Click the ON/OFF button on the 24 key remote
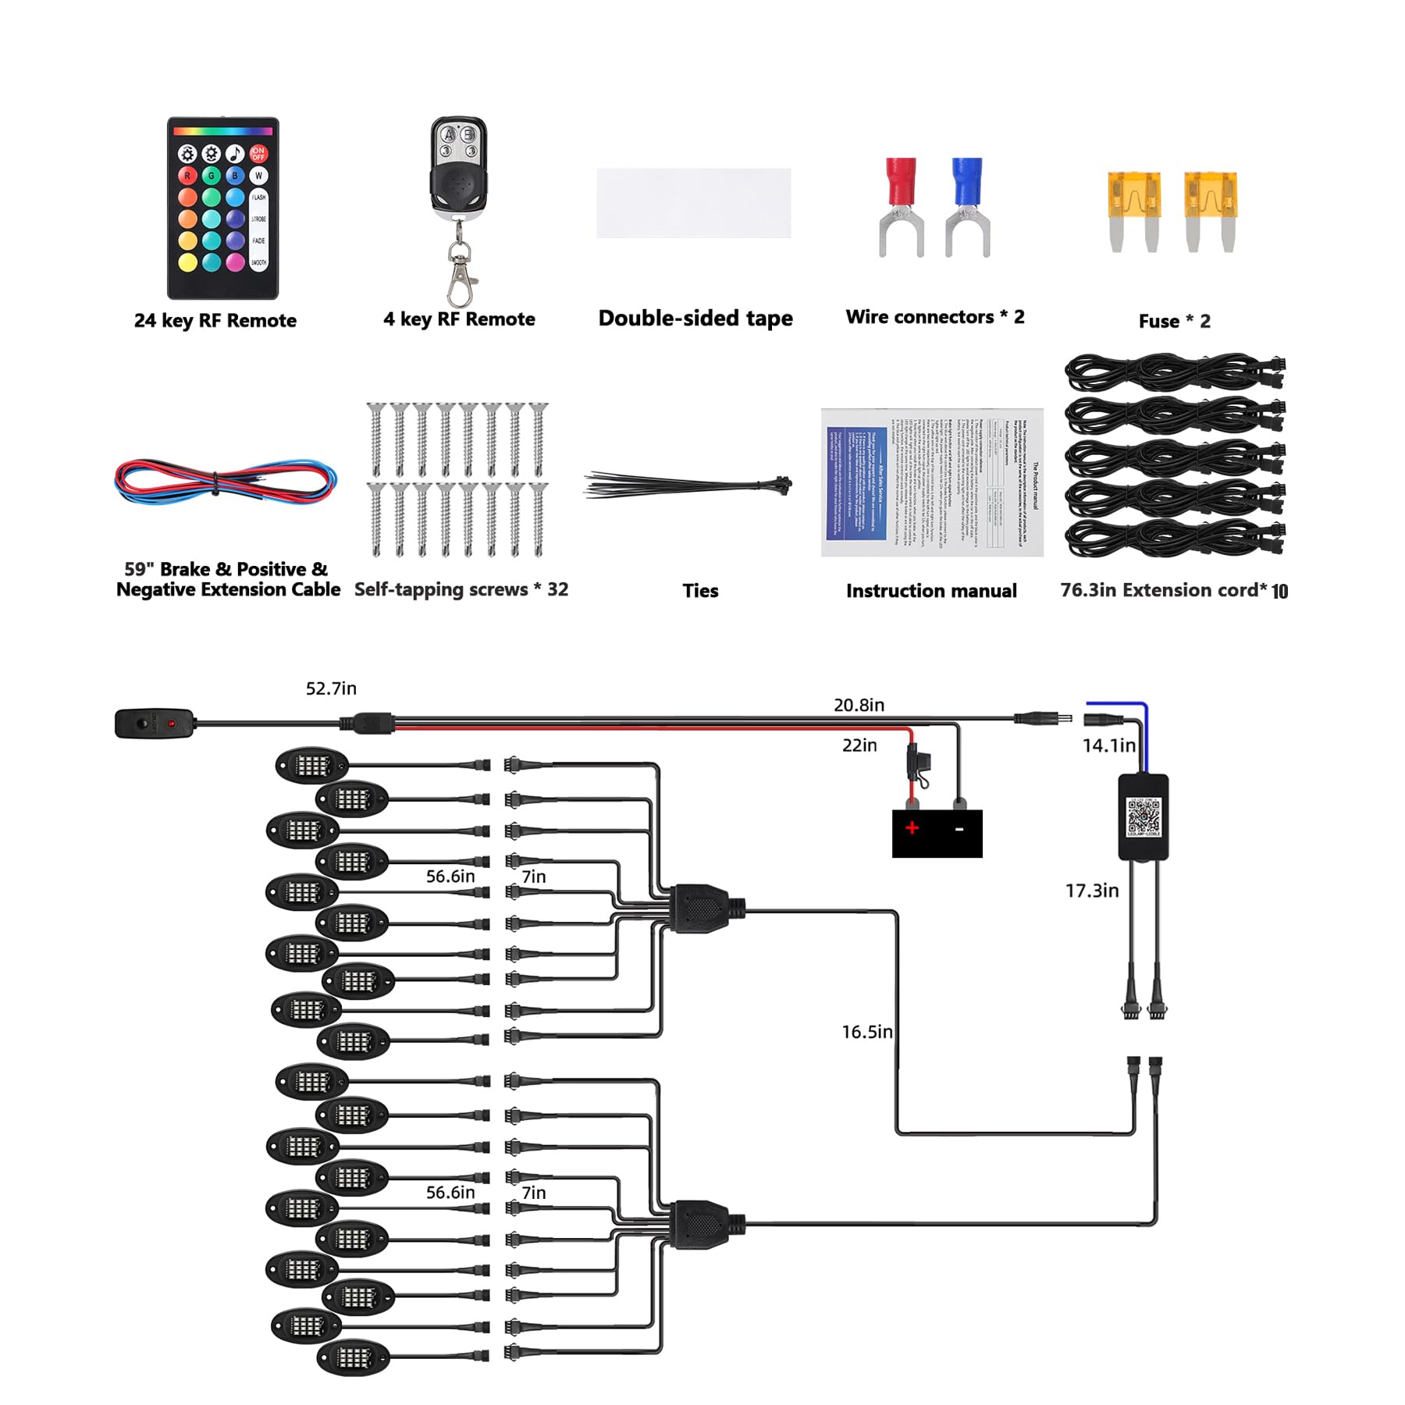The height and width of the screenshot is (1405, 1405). [x=258, y=153]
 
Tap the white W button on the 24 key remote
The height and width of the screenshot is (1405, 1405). [x=258, y=176]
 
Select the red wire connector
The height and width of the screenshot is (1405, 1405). [x=902, y=208]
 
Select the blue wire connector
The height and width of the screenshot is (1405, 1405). [x=967, y=208]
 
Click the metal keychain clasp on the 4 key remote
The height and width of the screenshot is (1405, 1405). [x=461, y=273]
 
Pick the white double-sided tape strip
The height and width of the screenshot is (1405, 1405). [x=693, y=203]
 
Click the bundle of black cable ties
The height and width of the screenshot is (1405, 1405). [x=687, y=486]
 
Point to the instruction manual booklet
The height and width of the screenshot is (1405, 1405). [x=932, y=482]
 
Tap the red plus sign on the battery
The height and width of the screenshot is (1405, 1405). [x=912, y=827]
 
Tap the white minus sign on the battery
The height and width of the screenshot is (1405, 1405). [x=959, y=829]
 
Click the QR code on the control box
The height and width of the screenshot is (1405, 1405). [x=1144, y=816]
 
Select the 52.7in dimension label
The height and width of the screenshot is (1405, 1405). [x=331, y=688]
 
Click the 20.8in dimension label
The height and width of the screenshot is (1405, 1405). [x=859, y=705]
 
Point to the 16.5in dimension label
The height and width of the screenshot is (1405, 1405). [x=866, y=1032]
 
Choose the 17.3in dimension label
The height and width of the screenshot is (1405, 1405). [x=1092, y=891]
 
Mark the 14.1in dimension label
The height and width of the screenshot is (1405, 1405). [x=1108, y=745]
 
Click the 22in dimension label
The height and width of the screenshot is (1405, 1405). [x=859, y=745]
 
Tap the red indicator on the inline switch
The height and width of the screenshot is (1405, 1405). [x=171, y=724]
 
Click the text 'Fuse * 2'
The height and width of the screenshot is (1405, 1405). [x=1174, y=322]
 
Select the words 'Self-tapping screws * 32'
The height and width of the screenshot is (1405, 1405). [x=461, y=589]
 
